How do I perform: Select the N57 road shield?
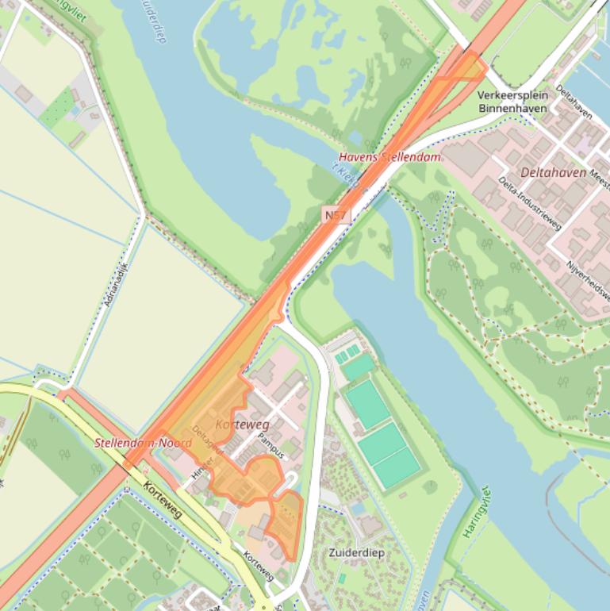tap(336, 215)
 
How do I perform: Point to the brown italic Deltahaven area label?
tap(553, 172)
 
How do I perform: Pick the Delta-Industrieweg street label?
tap(529, 203)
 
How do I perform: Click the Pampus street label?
tap(271, 448)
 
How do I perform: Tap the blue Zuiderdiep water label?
tap(153, 20)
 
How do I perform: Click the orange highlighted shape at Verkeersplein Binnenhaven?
tap(468, 68)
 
